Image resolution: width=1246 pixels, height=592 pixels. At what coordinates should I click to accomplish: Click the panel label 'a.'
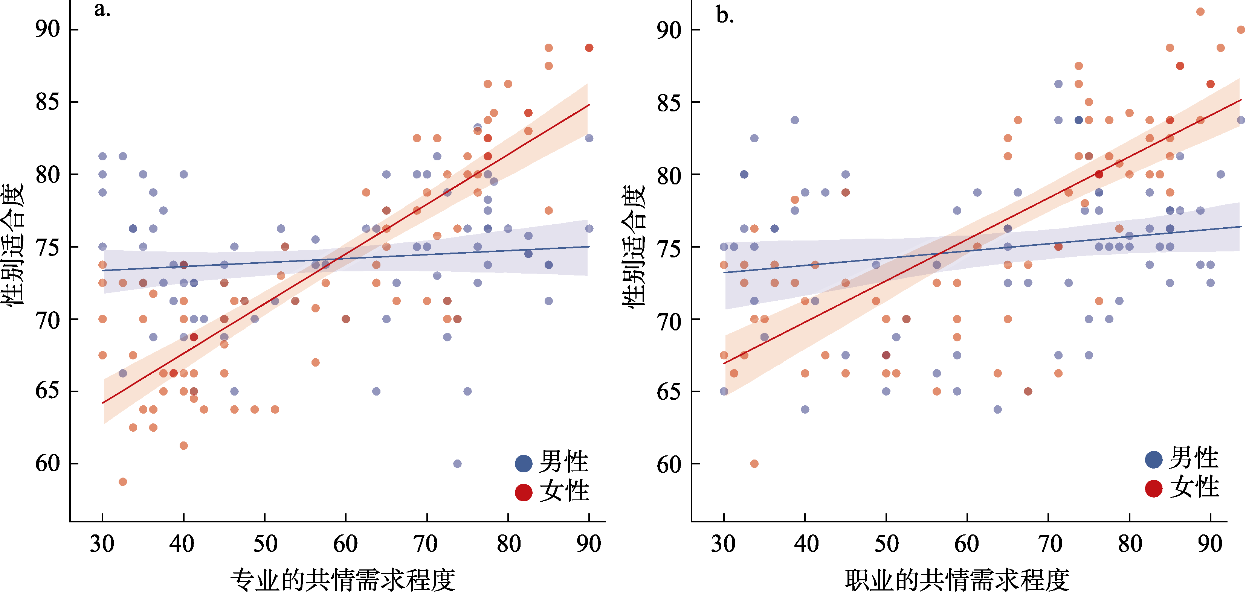[102, 10]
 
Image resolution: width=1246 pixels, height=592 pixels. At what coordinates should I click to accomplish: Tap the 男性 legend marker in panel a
[523, 463]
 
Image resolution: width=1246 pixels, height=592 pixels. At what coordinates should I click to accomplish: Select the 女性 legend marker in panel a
[523, 492]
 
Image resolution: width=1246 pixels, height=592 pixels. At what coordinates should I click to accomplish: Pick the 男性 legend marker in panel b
[1154, 460]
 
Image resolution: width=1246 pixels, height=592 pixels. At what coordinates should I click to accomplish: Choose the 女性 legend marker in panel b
[1154, 489]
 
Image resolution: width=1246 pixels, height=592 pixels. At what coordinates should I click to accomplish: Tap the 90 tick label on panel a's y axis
[47, 29]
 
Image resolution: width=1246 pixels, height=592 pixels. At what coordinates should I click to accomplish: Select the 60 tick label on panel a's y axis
[47, 463]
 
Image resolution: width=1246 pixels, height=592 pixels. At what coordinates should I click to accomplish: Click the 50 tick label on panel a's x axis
[265, 544]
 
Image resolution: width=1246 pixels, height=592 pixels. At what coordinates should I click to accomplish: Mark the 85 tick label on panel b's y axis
[669, 102]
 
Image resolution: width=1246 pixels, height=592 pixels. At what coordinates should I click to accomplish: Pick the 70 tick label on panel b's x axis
[1049, 544]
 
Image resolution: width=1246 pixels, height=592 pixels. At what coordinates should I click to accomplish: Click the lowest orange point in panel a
[123, 482]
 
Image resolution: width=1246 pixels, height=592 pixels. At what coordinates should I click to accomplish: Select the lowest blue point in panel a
[457, 463]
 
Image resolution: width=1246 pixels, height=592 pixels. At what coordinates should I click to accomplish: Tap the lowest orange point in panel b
[754, 463]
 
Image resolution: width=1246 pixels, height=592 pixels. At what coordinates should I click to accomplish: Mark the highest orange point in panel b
[1200, 12]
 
